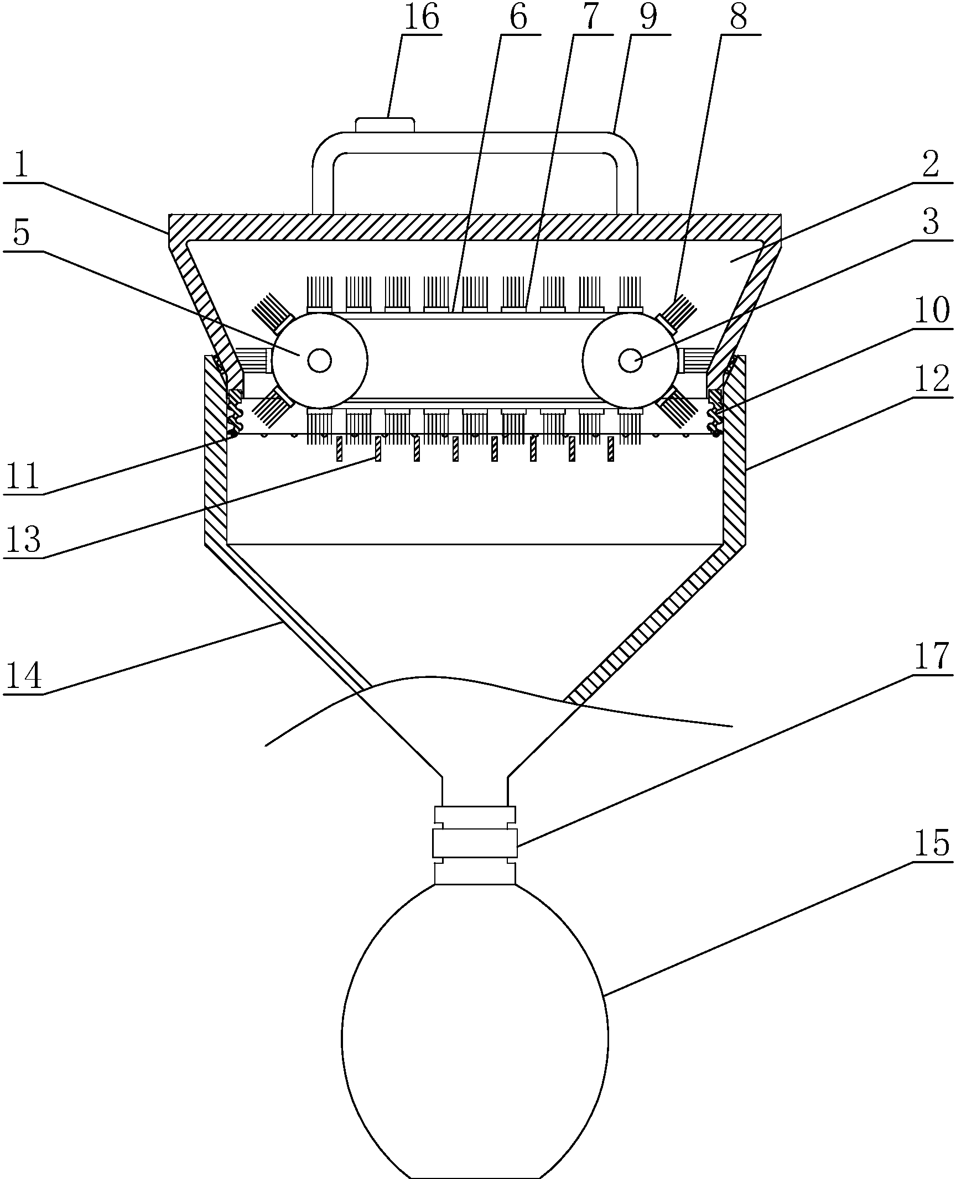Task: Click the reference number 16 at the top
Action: pos(422,18)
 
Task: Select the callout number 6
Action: pos(518,18)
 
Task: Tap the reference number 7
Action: pos(591,18)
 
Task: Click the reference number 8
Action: pos(738,18)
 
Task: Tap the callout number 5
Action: pos(21,234)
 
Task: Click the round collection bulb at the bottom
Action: pos(475,1034)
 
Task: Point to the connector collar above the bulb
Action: pos(475,843)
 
